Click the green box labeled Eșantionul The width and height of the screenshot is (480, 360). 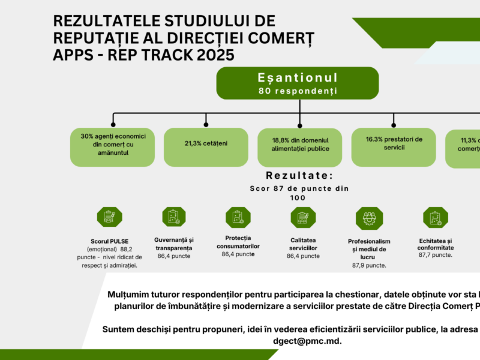coord(298,83)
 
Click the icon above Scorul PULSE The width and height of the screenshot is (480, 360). coord(109,217)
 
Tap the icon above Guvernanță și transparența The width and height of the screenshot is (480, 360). coord(173,217)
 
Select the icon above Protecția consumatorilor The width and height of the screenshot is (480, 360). coord(238,217)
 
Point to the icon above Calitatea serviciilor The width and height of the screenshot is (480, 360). coord(302,217)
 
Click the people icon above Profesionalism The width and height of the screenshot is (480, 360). coord(369,217)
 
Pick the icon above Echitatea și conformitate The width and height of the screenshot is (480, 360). coord(435,217)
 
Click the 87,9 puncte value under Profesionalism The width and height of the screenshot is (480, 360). coord(369,265)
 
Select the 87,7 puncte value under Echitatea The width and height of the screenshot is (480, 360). coord(436,255)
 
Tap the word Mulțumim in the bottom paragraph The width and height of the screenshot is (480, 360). coord(127,295)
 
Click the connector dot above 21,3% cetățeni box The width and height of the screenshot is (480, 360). coord(206,124)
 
